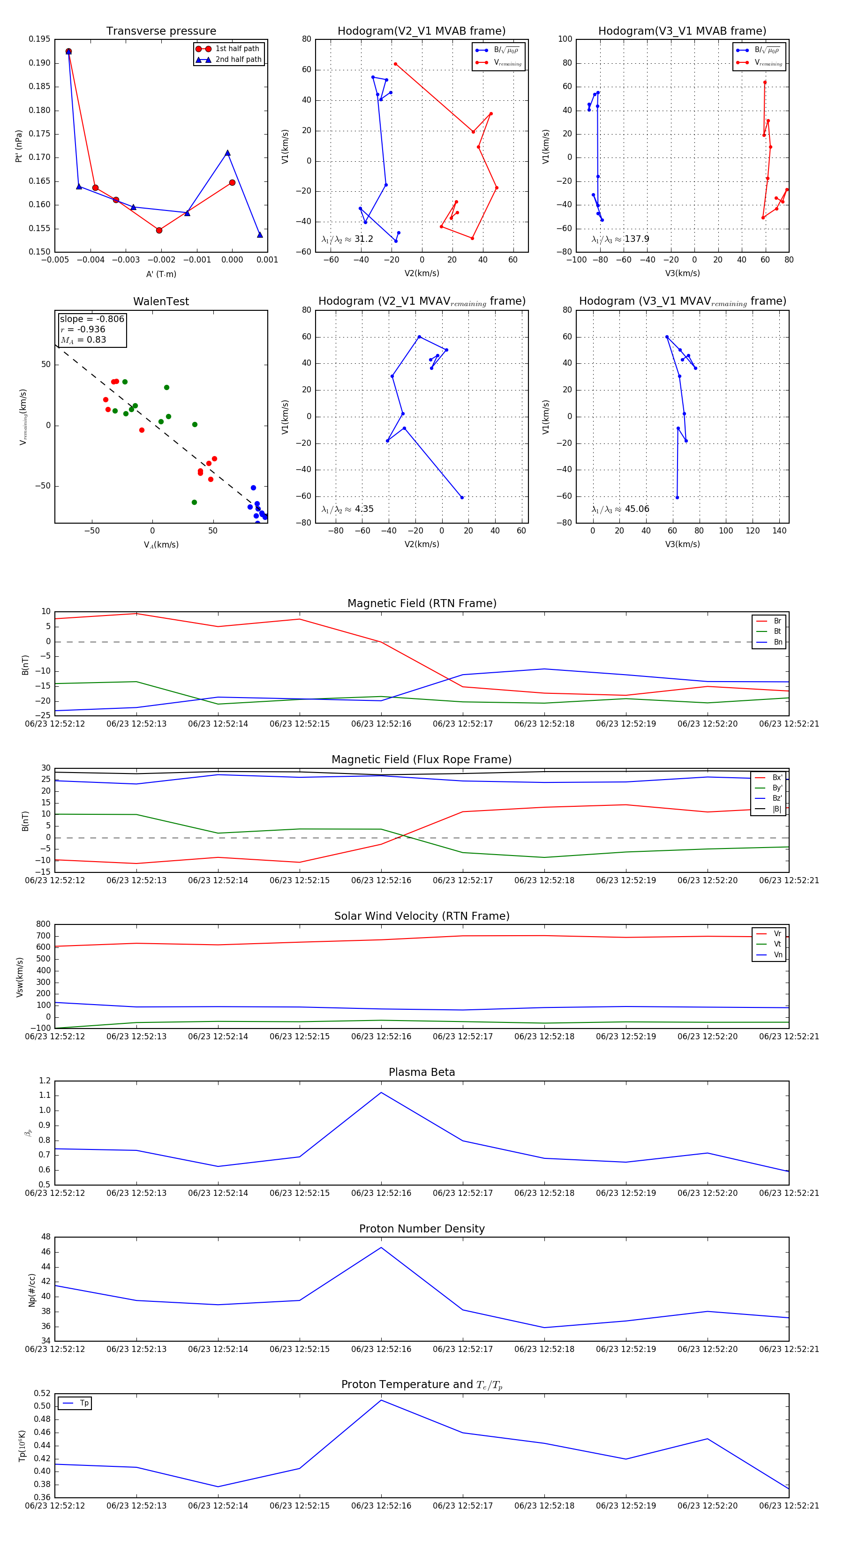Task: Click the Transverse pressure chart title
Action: pyautogui.click(x=161, y=31)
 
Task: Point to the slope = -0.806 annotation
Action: pyautogui.click(x=92, y=319)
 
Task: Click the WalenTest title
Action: pyautogui.click(x=161, y=301)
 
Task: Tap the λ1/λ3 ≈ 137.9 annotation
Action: pyautogui.click(x=620, y=239)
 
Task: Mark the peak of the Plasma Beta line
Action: pyautogui.click(x=381, y=1092)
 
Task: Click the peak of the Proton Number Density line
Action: pyautogui.click(x=381, y=1247)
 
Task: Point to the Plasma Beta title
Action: pyautogui.click(x=422, y=1073)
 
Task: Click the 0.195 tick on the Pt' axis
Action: pyautogui.click(x=40, y=39)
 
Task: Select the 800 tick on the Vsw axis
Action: pyautogui.click(x=43, y=924)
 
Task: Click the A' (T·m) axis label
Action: pyautogui.click(x=161, y=274)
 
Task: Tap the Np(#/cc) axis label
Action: pyautogui.click(x=32, y=1290)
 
